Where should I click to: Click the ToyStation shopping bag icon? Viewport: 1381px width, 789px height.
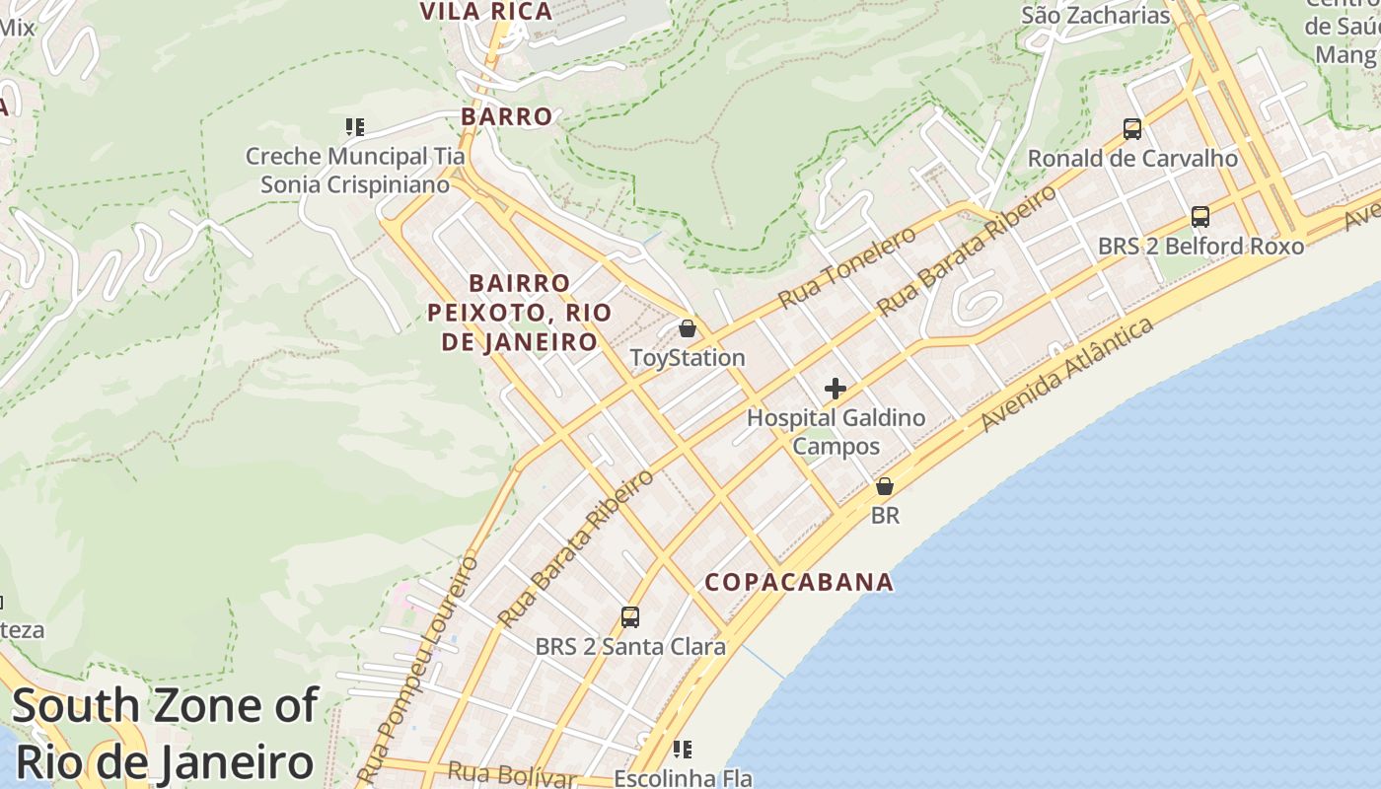click(x=688, y=328)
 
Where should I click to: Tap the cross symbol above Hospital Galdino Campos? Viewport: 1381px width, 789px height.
click(x=836, y=389)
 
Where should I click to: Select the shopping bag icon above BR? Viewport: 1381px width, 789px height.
click(x=885, y=486)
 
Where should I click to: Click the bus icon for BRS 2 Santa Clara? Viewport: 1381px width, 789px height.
click(x=630, y=617)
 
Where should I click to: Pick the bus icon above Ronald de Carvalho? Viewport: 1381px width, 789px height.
click(x=1132, y=129)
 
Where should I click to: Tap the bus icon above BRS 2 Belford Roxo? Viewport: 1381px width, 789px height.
click(x=1200, y=217)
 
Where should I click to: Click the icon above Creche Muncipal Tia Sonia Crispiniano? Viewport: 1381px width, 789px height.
click(x=355, y=127)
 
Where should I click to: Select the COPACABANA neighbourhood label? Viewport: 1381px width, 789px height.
click(x=799, y=582)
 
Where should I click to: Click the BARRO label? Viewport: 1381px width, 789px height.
click(x=507, y=116)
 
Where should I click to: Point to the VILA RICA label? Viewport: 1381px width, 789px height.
click(x=486, y=12)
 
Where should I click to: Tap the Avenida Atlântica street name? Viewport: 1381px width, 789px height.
click(x=1067, y=375)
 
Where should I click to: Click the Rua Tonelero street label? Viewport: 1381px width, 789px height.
click(x=846, y=266)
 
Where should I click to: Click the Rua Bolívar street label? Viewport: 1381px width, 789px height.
click(x=511, y=774)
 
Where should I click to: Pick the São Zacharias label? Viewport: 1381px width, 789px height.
click(x=1095, y=16)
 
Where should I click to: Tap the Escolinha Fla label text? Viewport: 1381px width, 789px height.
click(x=683, y=778)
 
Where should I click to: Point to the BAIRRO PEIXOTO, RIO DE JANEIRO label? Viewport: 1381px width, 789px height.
click(x=519, y=313)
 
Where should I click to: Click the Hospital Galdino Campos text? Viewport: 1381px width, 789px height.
click(x=836, y=432)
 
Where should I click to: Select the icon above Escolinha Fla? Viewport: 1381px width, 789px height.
click(x=683, y=750)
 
